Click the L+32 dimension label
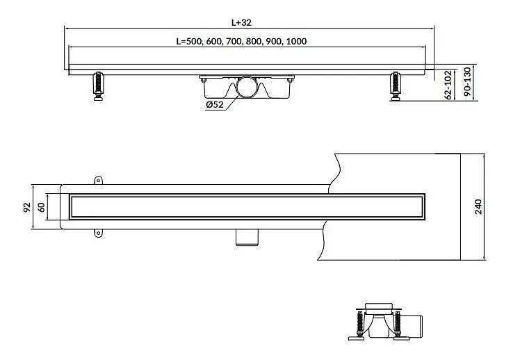point(241,22)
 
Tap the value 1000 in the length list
point(296,42)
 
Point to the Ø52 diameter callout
point(215,105)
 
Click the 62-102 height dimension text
point(448,85)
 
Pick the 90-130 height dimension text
point(467,81)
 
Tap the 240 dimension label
point(478,207)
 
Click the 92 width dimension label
point(27,208)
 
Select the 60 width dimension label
point(42,208)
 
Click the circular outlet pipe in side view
point(246,87)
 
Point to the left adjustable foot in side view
point(98,86)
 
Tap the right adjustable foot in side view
point(396,86)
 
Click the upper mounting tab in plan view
point(99,180)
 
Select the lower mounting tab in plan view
point(98,233)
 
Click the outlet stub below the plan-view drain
point(247,238)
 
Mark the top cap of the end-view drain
point(379,306)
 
